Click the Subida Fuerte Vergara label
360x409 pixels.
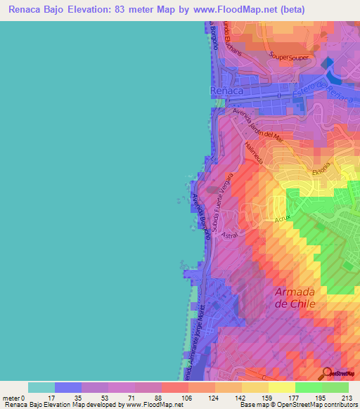point(220,204)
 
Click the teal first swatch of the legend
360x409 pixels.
point(41,387)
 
